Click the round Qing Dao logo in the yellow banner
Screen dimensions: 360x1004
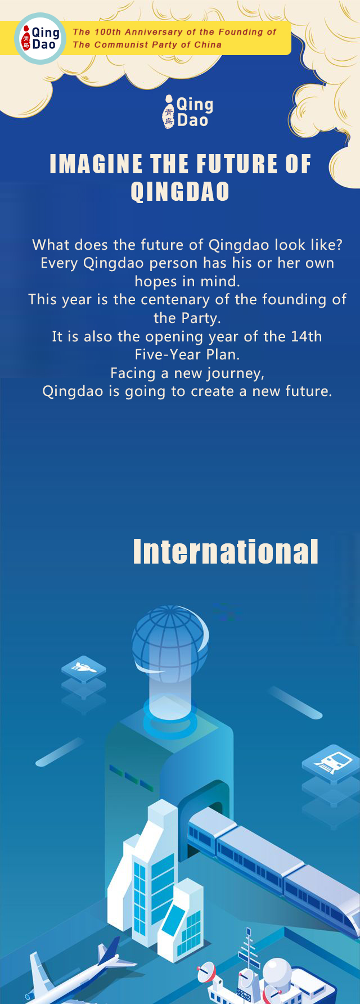coord(39,38)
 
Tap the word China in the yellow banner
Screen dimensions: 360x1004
coord(208,44)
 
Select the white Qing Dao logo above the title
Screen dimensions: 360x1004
coord(187,111)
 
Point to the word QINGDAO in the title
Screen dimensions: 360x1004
coord(180,191)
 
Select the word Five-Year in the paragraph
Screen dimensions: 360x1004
coord(163,355)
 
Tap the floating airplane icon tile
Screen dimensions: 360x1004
coord(83,668)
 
